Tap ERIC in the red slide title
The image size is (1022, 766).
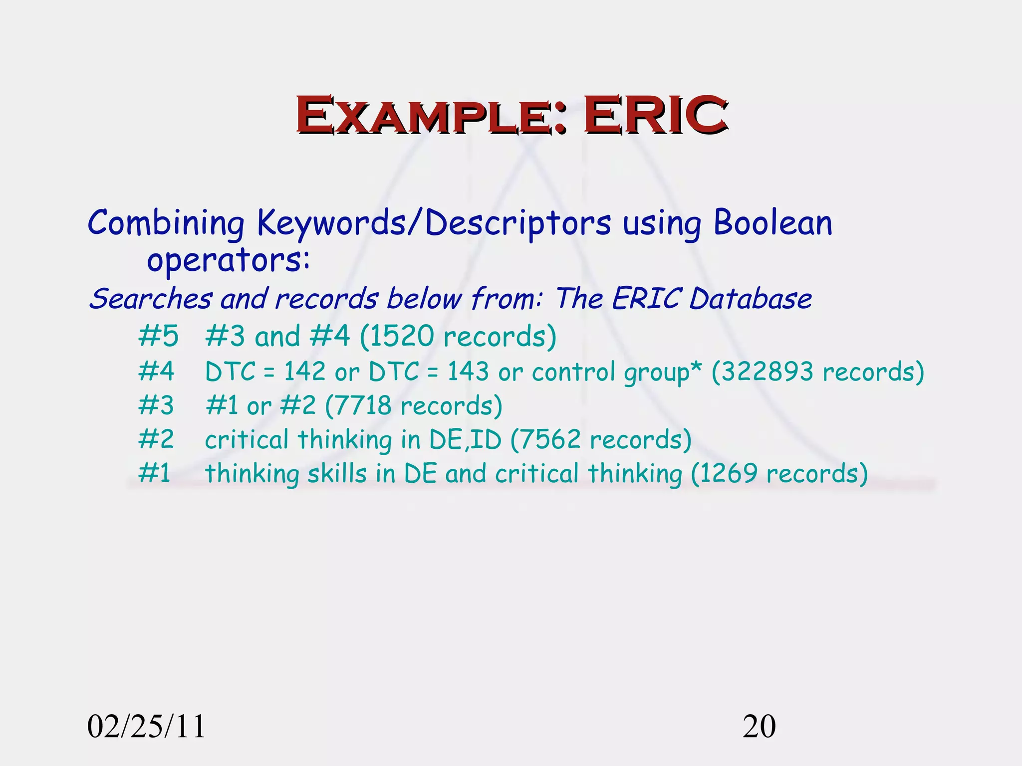tap(655, 116)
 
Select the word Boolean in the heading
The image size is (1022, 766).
tap(772, 223)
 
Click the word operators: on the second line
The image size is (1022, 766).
tap(228, 261)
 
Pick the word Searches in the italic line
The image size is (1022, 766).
tap(150, 299)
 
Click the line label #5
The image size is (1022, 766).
tap(158, 336)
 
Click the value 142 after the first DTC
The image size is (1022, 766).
tap(304, 372)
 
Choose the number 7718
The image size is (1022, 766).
tap(363, 405)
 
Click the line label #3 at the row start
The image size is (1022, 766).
tap(156, 405)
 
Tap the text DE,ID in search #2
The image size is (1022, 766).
tap(465, 440)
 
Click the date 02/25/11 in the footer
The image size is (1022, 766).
tap(146, 727)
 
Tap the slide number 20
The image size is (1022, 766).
tap(759, 727)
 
